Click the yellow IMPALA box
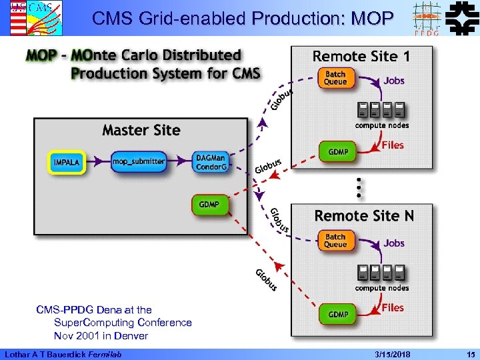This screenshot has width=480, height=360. tap(67, 162)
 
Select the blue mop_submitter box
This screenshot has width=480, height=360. tap(138, 161)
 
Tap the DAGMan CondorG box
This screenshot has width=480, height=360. tap(211, 162)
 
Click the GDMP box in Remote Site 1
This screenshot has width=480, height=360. tap(338, 152)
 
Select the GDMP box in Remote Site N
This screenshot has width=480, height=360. tap(338, 314)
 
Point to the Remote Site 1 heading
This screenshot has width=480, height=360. tap(361, 56)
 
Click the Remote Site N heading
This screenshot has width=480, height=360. tap(364, 215)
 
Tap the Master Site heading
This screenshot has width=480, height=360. tap(141, 130)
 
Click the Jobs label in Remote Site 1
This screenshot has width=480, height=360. tap(393, 81)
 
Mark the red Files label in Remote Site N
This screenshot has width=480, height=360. tap(393, 307)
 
